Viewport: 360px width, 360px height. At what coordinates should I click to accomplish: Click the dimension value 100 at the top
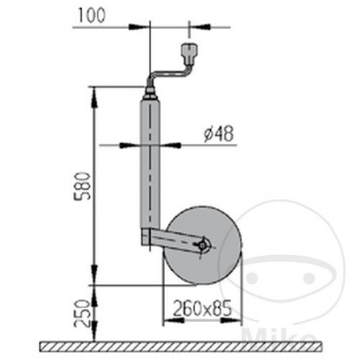point(93,14)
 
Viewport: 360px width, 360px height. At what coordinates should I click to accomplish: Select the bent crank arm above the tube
point(163,76)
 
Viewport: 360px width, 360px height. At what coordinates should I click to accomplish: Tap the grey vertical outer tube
point(149,159)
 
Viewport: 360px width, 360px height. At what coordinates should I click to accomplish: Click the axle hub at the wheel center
point(203,246)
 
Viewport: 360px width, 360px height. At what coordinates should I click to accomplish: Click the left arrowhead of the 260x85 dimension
point(166,319)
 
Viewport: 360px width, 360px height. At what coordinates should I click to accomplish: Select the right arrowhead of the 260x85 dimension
point(237,319)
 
